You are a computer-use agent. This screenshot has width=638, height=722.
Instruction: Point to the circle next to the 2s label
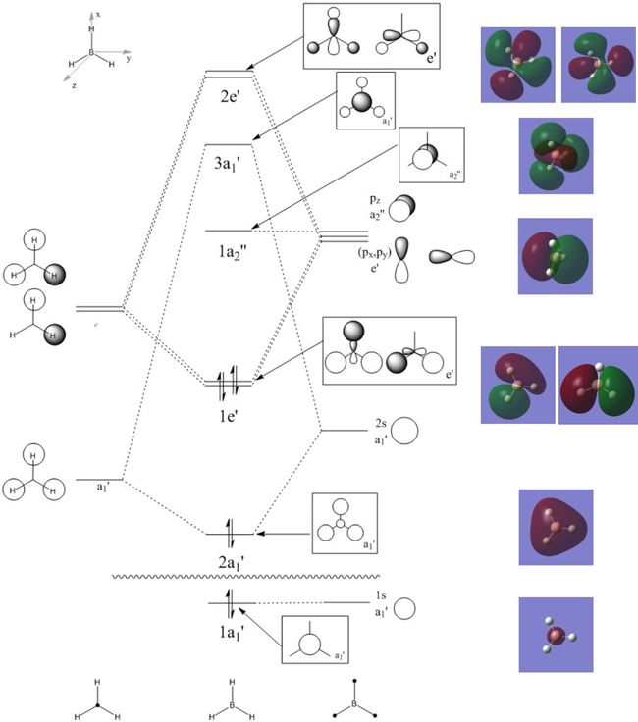pos(407,431)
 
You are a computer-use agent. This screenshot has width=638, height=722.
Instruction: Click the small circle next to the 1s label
pos(405,608)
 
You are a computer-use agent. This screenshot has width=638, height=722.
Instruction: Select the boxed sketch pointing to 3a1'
pos(365,100)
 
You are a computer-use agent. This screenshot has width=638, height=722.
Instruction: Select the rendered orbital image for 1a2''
pos(556,256)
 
